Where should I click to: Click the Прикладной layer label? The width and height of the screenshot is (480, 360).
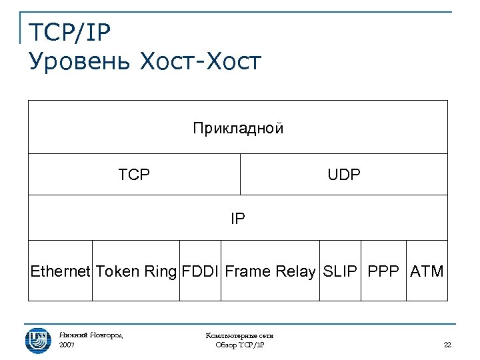(238, 128)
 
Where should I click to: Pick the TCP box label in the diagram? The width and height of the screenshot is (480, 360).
(134, 175)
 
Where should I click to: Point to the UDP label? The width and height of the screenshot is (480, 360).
(344, 175)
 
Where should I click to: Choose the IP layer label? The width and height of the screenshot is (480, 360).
(238, 218)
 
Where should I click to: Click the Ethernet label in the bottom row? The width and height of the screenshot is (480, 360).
(60, 271)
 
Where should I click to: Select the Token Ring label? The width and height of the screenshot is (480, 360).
(136, 271)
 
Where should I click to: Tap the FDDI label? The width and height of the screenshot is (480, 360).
(200, 271)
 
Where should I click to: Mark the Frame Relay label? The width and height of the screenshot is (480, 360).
(269, 271)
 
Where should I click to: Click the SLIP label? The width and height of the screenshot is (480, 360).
(340, 271)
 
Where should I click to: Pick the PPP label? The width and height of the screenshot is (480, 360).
(383, 271)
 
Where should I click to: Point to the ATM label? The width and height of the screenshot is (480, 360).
(427, 271)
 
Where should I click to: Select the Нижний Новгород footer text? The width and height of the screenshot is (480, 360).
(91, 335)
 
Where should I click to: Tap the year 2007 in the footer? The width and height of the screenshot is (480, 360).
(67, 345)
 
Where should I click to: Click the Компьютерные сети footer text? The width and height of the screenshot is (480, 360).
(240, 336)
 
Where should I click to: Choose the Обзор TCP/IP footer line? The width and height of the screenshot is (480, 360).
(240, 345)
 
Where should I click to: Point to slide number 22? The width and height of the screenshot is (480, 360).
(447, 345)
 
